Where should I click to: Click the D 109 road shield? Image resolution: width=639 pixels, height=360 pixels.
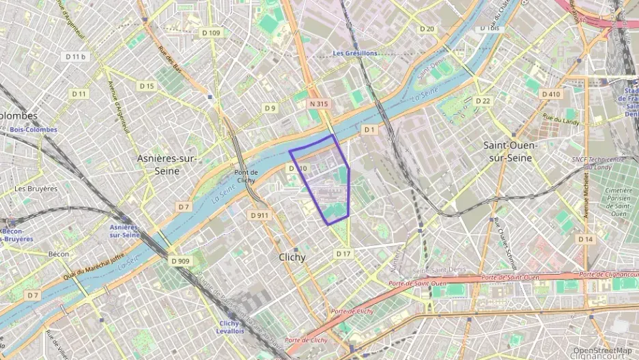click(x=211, y=33)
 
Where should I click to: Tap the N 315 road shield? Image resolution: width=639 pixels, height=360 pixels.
click(x=318, y=104)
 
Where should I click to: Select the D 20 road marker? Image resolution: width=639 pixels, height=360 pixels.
click(x=427, y=29)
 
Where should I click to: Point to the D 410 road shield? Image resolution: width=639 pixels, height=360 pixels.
click(x=550, y=94)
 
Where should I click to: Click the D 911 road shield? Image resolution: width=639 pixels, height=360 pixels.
click(x=259, y=215)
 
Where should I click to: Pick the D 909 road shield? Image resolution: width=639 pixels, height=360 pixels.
click(x=180, y=261)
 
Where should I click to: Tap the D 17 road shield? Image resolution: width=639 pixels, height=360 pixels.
click(x=343, y=253)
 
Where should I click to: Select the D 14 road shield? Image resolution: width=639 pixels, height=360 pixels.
click(x=585, y=239)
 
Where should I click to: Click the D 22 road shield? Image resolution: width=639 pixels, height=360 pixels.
click(x=483, y=101)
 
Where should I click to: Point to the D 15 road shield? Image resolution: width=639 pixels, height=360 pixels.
click(x=147, y=86)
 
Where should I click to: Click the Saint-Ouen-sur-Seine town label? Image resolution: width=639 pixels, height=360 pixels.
click(x=511, y=151)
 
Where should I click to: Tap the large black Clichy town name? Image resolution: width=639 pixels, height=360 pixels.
click(x=292, y=258)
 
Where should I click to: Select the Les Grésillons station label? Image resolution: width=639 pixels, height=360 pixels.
click(x=355, y=53)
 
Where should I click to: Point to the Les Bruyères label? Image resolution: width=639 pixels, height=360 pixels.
click(x=36, y=189)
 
